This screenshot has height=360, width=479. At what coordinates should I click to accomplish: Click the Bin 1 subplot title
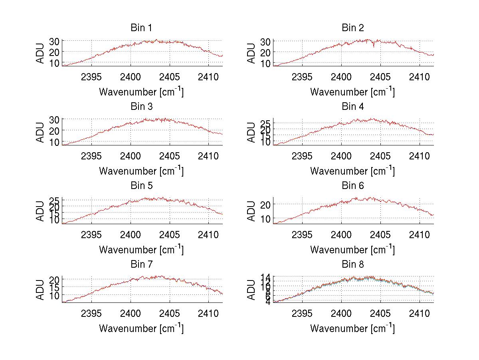click(141, 28)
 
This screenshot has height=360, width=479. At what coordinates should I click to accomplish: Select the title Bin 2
click(352, 28)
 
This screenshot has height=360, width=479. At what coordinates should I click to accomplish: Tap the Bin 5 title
click(141, 186)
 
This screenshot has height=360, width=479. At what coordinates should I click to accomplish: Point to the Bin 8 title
click(352, 265)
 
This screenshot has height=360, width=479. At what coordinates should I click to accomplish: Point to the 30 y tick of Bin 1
click(54, 41)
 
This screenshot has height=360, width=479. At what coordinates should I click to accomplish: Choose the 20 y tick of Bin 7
click(54, 280)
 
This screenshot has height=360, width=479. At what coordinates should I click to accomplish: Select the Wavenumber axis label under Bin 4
click(352, 171)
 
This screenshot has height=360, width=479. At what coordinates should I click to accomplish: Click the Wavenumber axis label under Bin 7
click(141, 328)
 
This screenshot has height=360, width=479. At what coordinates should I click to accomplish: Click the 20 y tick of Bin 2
click(265, 52)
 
